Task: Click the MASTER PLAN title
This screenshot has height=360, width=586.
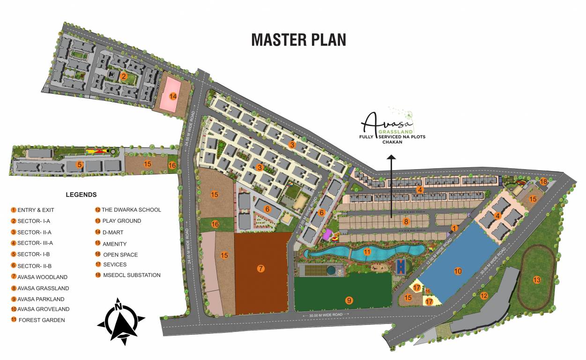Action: coord(298,39)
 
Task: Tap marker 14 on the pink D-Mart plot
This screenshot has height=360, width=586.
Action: coord(173,97)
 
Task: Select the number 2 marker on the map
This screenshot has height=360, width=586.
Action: coord(124,76)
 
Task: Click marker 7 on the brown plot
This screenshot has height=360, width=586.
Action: coord(261,269)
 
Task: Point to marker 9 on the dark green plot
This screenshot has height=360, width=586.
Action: coord(348,300)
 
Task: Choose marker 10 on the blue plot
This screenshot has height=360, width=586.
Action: coord(458,271)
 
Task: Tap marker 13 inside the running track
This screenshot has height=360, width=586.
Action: coord(537,280)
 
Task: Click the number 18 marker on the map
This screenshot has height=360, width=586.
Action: coord(543,181)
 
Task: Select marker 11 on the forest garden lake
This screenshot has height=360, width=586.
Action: coord(367,252)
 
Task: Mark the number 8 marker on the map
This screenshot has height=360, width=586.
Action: coord(406,221)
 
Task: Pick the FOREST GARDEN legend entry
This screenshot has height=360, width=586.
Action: coord(41,320)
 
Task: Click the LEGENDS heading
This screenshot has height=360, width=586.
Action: coord(81,195)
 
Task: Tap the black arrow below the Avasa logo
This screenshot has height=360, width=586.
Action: coord(391,188)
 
